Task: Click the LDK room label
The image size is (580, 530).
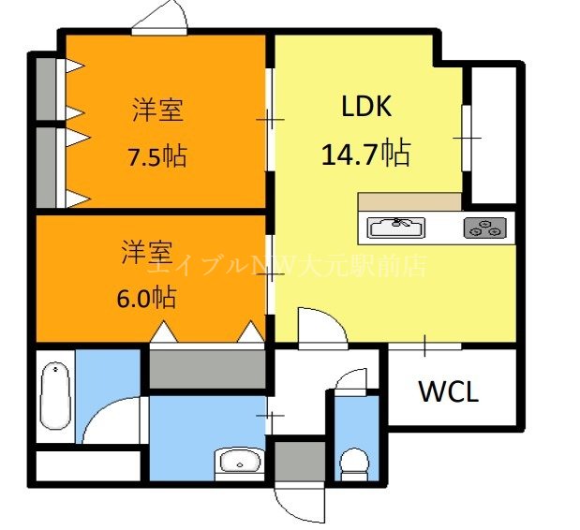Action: click(x=365, y=107)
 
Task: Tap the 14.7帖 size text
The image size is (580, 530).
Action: click(x=365, y=152)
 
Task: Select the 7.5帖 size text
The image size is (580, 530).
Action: click(x=156, y=155)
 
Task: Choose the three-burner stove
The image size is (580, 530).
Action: click(x=485, y=227)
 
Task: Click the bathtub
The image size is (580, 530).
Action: click(x=54, y=392)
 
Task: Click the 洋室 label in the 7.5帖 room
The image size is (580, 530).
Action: click(x=156, y=110)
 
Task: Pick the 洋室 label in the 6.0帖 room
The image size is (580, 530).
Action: click(x=146, y=252)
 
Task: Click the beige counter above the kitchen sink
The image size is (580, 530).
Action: click(x=409, y=202)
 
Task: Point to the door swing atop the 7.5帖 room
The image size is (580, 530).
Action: click(x=160, y=17)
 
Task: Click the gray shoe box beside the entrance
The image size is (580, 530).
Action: click(x=299, y=461)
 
